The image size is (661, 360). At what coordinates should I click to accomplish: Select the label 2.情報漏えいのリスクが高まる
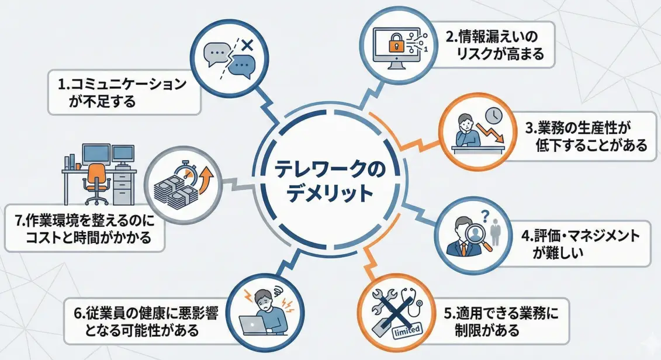494,46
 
